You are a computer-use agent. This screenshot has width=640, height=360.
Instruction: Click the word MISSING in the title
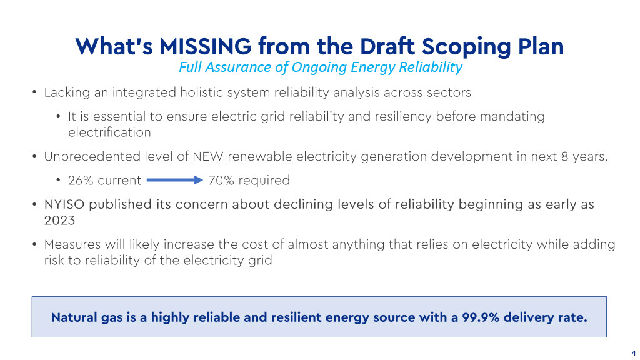click(205, 46)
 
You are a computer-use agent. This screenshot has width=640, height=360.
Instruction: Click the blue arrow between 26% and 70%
click(175, 180)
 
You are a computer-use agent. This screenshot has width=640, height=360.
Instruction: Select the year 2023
click(59, 221)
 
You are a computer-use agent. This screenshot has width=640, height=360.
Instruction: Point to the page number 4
click(634, 353)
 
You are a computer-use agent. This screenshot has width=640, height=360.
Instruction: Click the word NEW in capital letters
click(207, 156)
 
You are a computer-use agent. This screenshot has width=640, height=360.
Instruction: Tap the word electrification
click(109, 132)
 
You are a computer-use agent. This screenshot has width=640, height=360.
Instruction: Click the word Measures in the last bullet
click(72, 244)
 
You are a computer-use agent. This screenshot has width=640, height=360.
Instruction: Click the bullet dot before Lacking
click(35, 92)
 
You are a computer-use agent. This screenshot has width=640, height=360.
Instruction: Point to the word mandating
click(512, 117)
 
